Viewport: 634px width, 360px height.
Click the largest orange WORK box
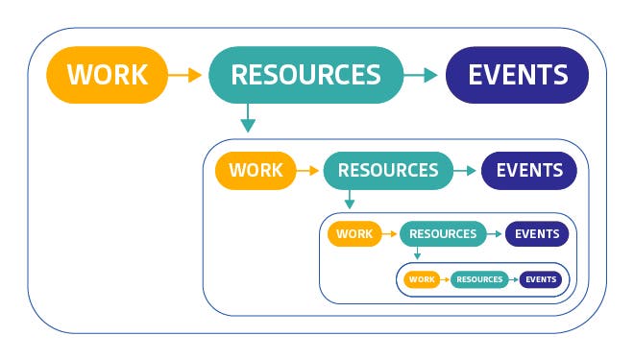[x=108, y=75]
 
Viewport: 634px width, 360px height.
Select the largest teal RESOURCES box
[x=305, y=75]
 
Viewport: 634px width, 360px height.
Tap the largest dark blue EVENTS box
[x=517, y=75]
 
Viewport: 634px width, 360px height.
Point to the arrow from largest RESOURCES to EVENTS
[x=421, y=75]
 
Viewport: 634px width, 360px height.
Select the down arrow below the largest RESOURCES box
[x=248, y=117]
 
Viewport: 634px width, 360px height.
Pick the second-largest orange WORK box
[x=256, y=171]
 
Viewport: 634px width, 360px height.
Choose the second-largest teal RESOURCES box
[x=387, y=171]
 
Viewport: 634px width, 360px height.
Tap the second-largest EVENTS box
[x=528, y=171]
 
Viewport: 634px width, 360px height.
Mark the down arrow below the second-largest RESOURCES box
[x=350, y=200]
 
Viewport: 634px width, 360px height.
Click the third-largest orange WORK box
[x=354, y=233]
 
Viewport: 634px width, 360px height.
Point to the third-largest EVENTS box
[x=537, y=233]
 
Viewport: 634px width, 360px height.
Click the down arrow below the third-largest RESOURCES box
[x=416, y=253]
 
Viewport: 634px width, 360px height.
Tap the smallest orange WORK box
[x=421, y=279]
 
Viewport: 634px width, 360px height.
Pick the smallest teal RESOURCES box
[x=479, y=279]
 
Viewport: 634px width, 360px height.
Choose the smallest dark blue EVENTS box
[x=541, y=279]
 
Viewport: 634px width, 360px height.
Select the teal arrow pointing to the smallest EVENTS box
[x=514, y=279]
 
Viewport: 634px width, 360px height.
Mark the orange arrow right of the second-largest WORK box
[x=308, y=171]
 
